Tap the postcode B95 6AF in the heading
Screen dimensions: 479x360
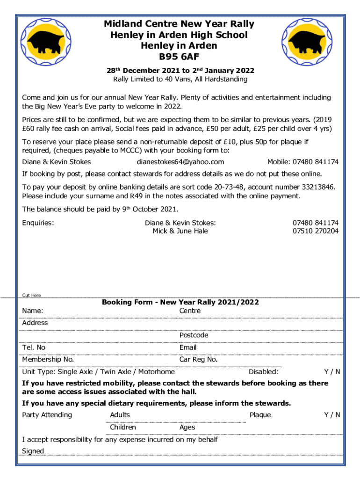[x=180, y=57]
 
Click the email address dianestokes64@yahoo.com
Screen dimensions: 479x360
[x=180, y=162]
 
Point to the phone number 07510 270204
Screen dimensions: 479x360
[x=316, y=231]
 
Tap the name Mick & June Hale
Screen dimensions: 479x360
[x=180, y=231]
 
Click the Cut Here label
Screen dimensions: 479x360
[x=32, y=295]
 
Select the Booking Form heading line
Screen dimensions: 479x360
[x=180, y=302]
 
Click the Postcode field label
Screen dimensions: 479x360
[x=194, y=335]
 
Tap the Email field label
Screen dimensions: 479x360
[x=188, y=347]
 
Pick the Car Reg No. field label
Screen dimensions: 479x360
[x=198, y=359]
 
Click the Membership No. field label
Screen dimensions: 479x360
[x=48, y=359]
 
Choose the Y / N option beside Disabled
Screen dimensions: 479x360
[x=332, y=372]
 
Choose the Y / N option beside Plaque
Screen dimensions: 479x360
[x=332, y=415]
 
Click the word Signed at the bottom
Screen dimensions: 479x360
[x=33, y=451]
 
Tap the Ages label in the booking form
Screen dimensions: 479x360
[x=187, y=427]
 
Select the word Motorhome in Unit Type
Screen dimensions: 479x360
[x=157, y=372]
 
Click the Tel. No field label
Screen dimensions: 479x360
[x=34, y=347]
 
